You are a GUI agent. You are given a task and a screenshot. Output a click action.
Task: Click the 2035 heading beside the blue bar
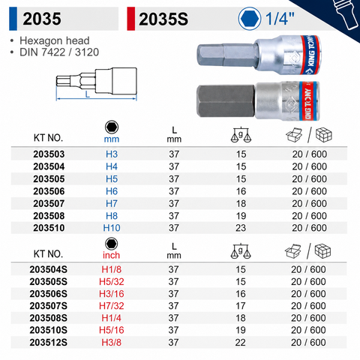[x=42, y=19]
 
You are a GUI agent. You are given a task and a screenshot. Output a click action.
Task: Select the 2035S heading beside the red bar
[x=163, y=19]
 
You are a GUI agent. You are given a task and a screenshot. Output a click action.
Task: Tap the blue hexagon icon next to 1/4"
[x=250, y=19]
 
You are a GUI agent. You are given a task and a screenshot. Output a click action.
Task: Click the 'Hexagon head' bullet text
[x=55, y=40]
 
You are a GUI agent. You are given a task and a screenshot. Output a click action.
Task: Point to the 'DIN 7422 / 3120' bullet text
[x=59, y=52]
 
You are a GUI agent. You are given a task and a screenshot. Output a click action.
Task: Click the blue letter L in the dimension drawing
[x=87, y=94]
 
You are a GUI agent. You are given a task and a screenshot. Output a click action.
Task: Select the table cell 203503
[x=49, y=154]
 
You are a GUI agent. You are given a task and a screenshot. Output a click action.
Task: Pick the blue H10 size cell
[x=112, y=228]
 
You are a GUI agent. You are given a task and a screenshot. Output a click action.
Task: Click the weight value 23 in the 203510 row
[x=241, y=228]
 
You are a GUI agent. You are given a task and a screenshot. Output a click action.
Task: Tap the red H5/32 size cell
[x=112, y=282]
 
